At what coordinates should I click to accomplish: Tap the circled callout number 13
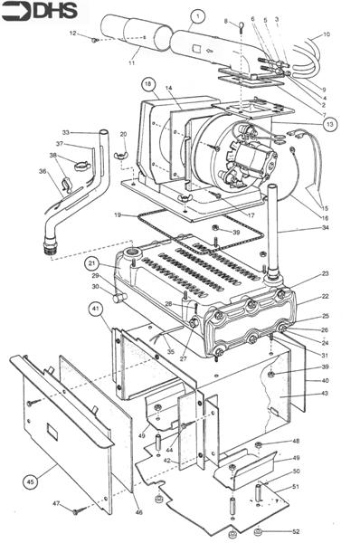coord(329,123)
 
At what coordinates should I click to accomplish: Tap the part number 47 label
coord(56,503)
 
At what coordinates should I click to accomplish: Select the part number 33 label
coord(65,132)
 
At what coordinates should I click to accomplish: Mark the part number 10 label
coord(327,34)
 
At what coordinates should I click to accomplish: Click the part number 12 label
coord(72,33)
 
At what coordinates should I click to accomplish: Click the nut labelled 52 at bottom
coord(259,530)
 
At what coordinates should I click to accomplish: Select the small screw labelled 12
coord(94,39)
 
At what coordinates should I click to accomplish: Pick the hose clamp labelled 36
coord(65,187)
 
